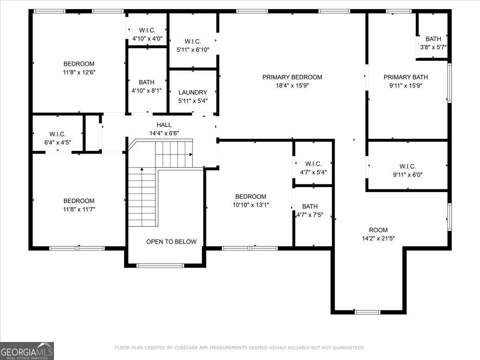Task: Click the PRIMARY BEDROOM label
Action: (292, 77)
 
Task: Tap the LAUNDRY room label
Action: (193, 92)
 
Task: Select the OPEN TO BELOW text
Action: (171, 242)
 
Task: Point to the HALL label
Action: (164, 125)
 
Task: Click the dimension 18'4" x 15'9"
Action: (292, 85)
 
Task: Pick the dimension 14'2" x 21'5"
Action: (378, 238)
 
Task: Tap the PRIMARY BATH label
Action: (406, 77)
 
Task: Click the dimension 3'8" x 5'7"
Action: (433, 47)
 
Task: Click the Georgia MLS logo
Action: (27, 351)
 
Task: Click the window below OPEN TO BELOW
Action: (160, 265)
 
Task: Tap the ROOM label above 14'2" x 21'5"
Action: (378, 230)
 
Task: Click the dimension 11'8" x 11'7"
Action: (79, 209)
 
